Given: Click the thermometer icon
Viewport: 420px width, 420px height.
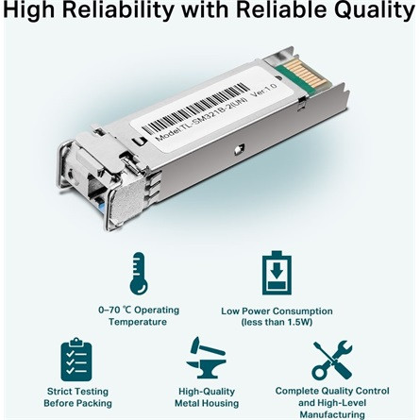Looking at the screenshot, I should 139,275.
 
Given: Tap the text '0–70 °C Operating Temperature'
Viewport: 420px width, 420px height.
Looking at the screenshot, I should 139,316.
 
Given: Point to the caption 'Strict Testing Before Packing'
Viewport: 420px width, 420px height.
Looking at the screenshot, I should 77,395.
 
